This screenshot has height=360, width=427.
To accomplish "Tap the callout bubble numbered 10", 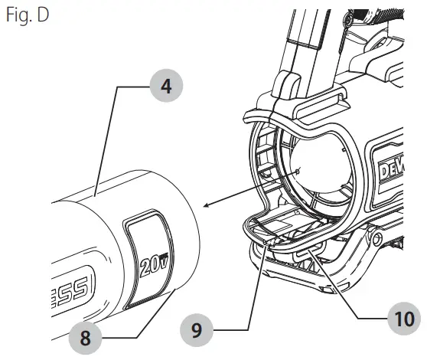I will pos(398,316).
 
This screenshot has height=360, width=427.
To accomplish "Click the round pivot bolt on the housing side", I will pos(376,240).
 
